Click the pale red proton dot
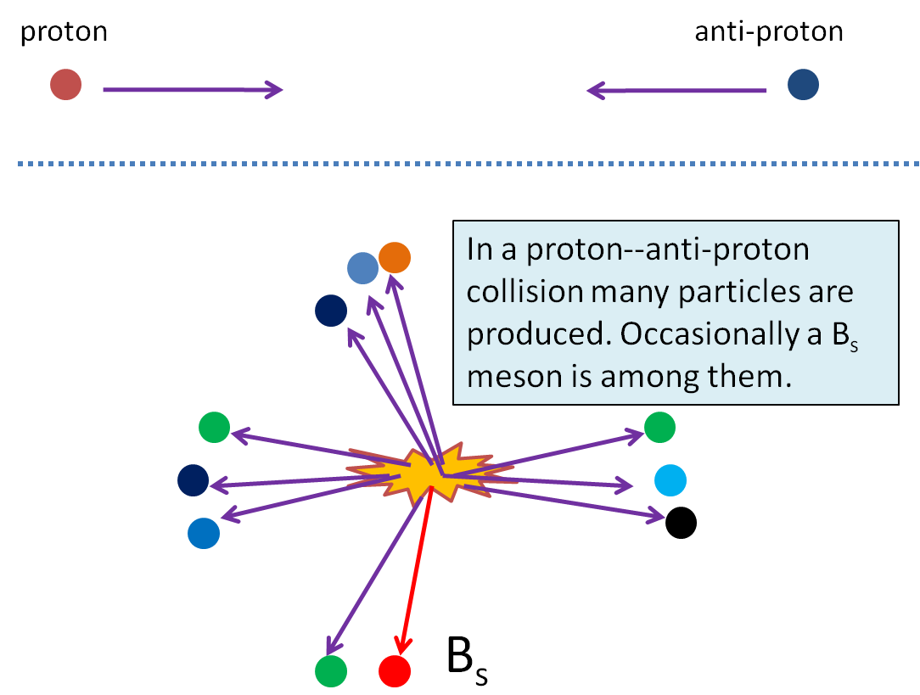(x=65, y=85)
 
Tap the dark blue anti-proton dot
(x=803, y=85)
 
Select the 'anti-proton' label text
(x=769, y=32)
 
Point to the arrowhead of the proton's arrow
(x=274, y=88)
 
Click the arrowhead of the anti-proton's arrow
(x=595, y=88)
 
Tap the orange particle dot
(x=395, y=257)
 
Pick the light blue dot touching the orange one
(x=362, y=268)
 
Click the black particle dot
(x=681, y=522)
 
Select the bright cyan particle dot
(x=670, y=480)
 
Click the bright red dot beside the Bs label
(x=395, y=670)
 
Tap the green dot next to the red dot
(x=331, y=670)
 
